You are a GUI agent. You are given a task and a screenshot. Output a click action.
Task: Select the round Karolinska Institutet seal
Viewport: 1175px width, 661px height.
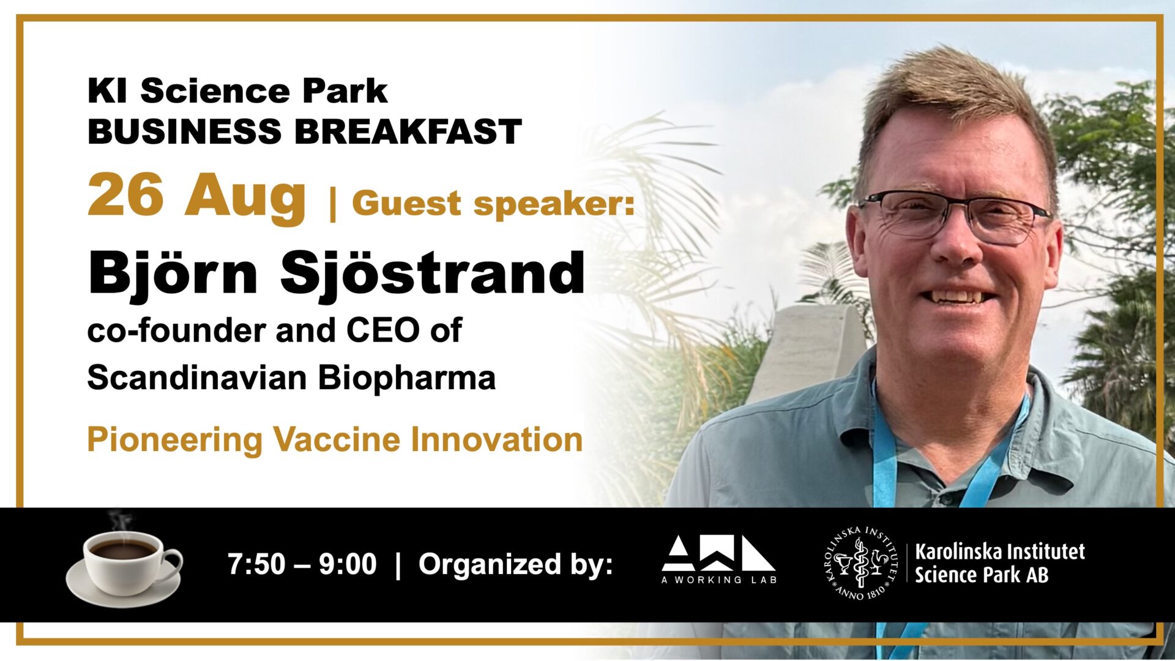[x=860, y=562]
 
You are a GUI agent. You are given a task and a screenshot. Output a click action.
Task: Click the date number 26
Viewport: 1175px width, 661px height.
[x=126, y=195]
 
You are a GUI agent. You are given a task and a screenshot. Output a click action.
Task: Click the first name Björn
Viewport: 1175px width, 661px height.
[x=173, y=274]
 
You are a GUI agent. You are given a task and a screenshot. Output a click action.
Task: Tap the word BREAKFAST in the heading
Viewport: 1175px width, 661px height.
[x=408, y=132]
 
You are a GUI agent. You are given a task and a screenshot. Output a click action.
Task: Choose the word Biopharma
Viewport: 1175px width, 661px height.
[x=406, y=378]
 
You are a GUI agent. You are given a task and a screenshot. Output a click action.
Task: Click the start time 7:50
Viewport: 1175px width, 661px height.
[x=256, y=564]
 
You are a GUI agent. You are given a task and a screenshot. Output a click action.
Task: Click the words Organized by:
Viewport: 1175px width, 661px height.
[x=516, y=564]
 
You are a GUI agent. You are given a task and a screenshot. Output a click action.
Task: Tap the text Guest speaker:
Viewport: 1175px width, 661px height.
[x=493, y=204]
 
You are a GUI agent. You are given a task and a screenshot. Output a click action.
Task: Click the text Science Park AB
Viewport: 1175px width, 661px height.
[x=981, y=576]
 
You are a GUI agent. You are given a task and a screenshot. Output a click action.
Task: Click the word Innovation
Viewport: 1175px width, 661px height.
[x=496, y=439]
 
